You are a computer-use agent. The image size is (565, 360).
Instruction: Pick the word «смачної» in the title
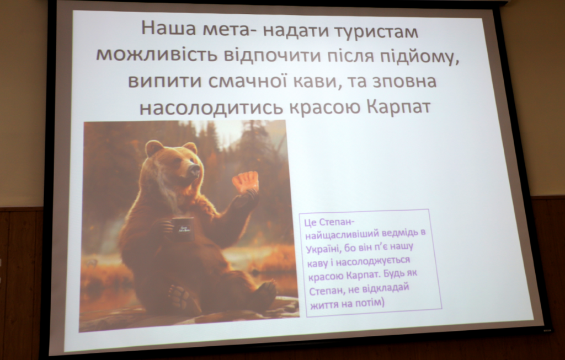247,82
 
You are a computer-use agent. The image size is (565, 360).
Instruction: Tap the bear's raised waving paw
246,182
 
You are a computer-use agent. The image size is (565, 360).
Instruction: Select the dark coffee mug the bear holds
182,229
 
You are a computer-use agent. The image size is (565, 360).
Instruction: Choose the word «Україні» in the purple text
323,249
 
